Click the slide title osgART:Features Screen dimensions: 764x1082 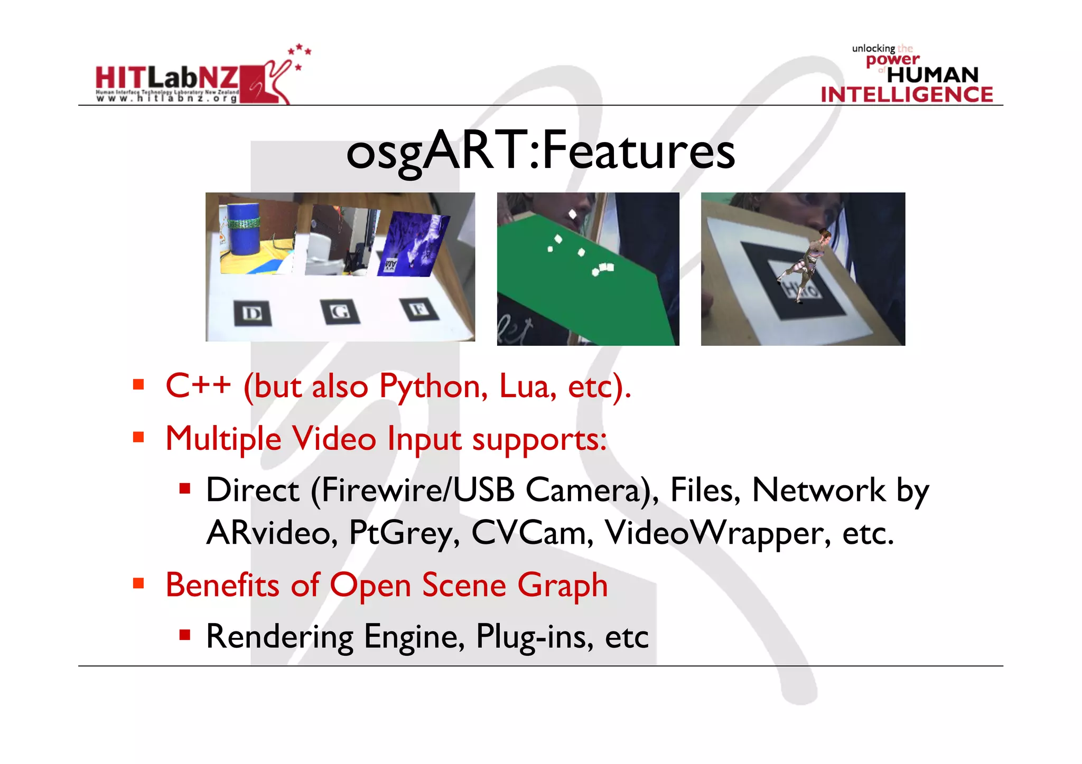tap(540, 152)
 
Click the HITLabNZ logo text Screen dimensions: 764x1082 tap(167, 79)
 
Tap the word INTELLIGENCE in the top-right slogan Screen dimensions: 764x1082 tap(907, 95)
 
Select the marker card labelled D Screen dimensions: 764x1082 tap(253, 313)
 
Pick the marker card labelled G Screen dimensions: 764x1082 tap(340, 311)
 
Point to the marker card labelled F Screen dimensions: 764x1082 tap(419, 309)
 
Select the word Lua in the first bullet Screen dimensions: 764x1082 tap(527, 386)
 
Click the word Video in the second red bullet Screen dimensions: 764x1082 tap(334, 438)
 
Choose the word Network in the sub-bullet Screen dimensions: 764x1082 tap(818, 490)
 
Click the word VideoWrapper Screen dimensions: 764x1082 tap(717, 533)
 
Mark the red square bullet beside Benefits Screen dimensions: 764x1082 tap(139, 583)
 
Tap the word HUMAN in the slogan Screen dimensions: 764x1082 tap(932, 75)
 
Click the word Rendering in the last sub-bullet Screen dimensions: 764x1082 tap(279, 637)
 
